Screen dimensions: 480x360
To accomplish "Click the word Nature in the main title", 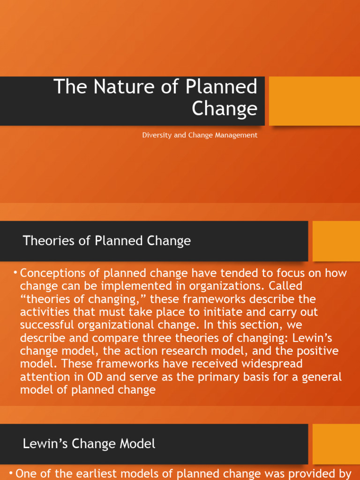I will tap(115, 87).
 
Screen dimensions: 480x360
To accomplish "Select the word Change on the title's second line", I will tap(225, 109).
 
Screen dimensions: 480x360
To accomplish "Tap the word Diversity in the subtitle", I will tap(154, 135).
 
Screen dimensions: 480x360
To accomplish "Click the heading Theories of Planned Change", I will tap(107, 241).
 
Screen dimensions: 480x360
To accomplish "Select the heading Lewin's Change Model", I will tap(89, 444).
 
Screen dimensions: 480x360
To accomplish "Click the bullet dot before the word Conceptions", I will tap(16, 273).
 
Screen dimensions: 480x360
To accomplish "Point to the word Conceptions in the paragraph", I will tap(52, 273).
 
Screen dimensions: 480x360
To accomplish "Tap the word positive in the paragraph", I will tap(322, 351).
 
